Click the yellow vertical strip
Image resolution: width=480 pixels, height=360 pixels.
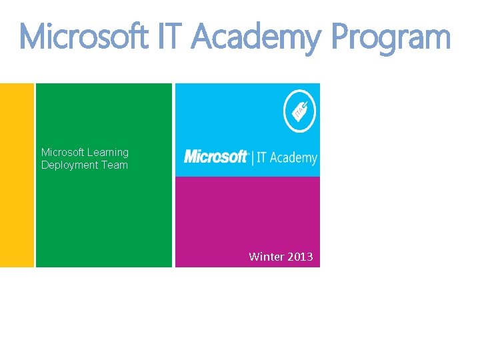17,175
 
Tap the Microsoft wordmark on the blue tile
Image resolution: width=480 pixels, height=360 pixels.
215,157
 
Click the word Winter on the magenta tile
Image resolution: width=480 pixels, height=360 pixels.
265,257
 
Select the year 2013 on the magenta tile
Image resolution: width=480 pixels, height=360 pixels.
301,257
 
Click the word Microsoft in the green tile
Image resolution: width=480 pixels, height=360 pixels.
63,153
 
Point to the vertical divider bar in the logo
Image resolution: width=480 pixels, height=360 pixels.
252,157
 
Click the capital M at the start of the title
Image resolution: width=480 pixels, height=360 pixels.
35,37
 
